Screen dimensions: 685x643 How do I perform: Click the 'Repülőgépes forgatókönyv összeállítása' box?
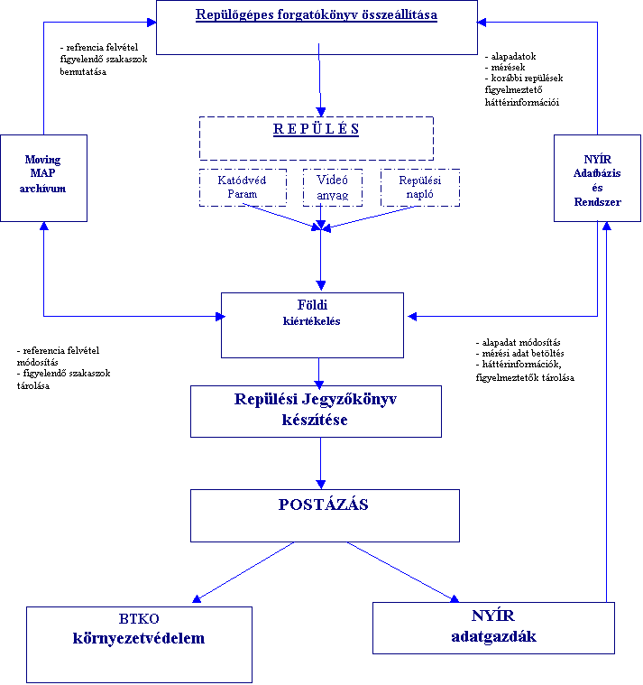tap(317, 27)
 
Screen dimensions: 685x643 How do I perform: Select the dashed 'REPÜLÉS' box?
tap(316, 138)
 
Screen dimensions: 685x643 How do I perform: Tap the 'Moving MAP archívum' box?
tap(43, 178)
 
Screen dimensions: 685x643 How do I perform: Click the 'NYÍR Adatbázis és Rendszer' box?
tap(598, 178)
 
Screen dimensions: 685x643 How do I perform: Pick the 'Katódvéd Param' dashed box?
tap(242, 187)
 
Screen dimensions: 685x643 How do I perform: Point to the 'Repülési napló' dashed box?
tap(419, 187)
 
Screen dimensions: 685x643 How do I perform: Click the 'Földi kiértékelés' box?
tap(312, 324)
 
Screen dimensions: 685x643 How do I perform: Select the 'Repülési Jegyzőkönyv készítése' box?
tap(316, 412)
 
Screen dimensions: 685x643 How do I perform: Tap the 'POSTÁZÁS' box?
tap(324, 515)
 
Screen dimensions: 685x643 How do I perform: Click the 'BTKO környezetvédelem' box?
tap(139, 644)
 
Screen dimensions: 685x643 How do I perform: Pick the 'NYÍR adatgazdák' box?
tap(493, 627)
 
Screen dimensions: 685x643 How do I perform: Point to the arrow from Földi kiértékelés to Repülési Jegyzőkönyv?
tap(320, 372)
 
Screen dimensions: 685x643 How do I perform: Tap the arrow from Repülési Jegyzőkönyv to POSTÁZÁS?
tap(320, 463)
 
